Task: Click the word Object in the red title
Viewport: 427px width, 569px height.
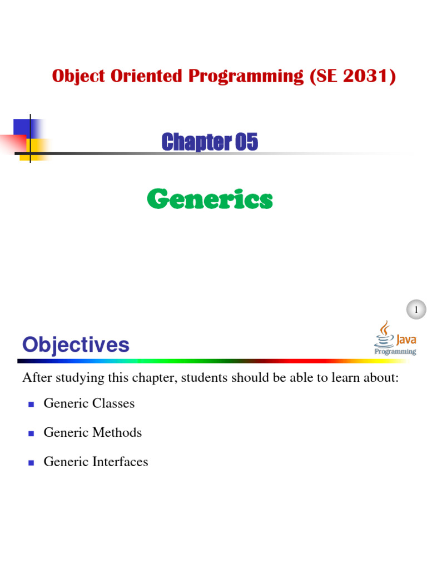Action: (78, 77)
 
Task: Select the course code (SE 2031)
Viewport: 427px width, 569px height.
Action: (352, 76)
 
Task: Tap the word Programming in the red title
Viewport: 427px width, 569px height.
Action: (246, 77)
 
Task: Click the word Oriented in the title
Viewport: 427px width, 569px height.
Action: (146, 76)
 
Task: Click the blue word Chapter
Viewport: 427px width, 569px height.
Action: (196, 142)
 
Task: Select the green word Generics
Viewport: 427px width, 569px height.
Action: (210, 199)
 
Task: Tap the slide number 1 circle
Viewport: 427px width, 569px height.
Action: (416, 310)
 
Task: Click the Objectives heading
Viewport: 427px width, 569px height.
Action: (76, 345)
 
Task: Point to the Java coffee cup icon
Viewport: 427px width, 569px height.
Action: (385, 334)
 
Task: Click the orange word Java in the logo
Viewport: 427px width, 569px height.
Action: (406, 340)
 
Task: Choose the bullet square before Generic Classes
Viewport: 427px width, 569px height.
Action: (31, 405)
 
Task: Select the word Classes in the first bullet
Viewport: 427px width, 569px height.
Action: (113, 403)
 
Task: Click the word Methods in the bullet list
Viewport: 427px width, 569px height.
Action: (117, 432)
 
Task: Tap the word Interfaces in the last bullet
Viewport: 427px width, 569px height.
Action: (120, 462)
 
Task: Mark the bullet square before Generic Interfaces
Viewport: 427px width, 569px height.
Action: (31, 463)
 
